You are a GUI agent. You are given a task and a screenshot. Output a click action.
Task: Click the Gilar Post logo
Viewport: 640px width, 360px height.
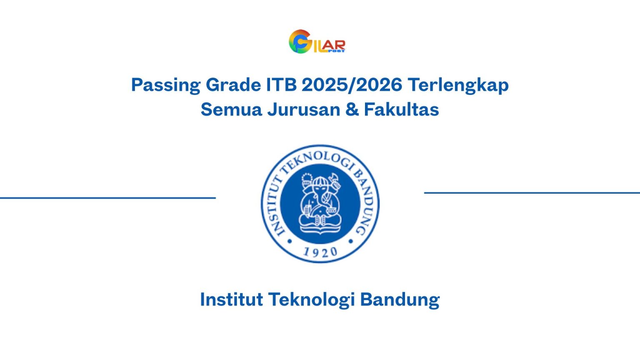click(x=317, y=42)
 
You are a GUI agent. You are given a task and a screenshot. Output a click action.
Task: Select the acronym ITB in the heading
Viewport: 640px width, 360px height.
click(x=281, y=85)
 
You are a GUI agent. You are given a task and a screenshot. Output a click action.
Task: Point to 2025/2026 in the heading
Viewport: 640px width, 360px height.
click(x=352, y=85)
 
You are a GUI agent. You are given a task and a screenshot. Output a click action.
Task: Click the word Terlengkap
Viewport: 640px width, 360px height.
click(x=458, y=85)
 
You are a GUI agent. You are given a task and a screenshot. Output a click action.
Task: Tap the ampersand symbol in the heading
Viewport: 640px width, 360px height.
click(x=352, y=110)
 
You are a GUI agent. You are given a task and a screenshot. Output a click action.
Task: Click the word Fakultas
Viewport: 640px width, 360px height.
click(x=401, y=110)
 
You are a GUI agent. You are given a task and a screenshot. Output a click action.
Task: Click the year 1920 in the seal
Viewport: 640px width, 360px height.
click(x=320, y=252)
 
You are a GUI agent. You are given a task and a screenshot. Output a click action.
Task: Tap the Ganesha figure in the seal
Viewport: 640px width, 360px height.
click(x=320, y=204)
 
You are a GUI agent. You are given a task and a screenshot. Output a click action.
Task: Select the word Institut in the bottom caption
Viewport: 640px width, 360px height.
click(x=231, y=300)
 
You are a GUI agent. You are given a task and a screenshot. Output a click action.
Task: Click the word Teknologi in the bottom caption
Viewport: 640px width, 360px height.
click(x=311, y=300)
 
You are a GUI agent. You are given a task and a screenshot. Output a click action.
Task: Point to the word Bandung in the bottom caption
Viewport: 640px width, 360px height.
click(x=400, y=300)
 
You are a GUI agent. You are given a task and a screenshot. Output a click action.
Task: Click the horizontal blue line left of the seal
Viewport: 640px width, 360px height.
click(x=107, y=198)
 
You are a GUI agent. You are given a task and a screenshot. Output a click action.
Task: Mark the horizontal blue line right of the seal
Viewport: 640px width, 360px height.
click(x=532, y=193)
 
